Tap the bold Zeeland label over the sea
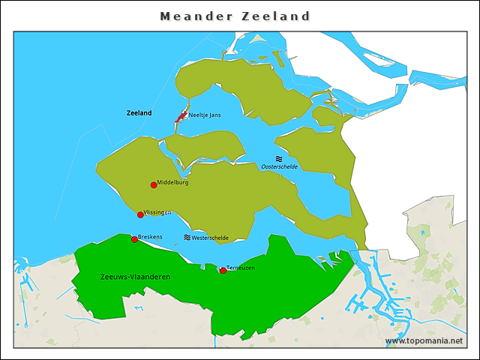click(x=139, y=113)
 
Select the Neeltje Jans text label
click(x=204, y=115)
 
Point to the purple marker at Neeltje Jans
click(x=181, y=117)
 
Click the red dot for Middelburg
click(x=154, y=185)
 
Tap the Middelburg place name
click(x=172, y=182)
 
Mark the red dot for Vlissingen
click(x=140, y=215)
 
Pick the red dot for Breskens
click(x=134, y=239)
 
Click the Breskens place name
click(x=151, y=237)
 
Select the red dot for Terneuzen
click(x=223, y=271)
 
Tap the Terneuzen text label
click(x=241, y=268)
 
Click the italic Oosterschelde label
click(x=279, y=166)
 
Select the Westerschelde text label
click(x=210, y=238)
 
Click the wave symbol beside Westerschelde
click(x=187, y=238)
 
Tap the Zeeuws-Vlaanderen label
click(x=135, y=277)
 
